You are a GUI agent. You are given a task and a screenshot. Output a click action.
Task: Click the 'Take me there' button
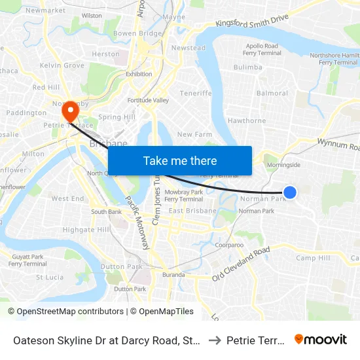(x=180, y=160)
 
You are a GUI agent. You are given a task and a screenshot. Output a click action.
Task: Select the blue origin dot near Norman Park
(x=290, y=192)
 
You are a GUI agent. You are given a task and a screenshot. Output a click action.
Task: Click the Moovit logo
(x=321, y=340)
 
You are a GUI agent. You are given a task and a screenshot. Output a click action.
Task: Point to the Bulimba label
(x=247, y=67)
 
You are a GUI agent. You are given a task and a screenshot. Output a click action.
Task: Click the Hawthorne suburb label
(x=247, y=120)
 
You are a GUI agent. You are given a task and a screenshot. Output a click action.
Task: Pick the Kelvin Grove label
(x=62, y=65)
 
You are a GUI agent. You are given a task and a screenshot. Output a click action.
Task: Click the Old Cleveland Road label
(x=241, y=264)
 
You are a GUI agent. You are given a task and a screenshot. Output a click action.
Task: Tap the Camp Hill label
(x=313, y=258)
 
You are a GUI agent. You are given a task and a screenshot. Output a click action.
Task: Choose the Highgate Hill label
(x=86, y=230)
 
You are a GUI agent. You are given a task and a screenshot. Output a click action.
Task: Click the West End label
(x=67, y=198)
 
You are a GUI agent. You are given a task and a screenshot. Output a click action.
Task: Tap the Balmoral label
(x=272, y=94)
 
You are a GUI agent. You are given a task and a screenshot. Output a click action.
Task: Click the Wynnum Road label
(x=338, y=143)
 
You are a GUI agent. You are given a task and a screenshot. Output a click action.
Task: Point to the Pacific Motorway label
(x=137, y=223)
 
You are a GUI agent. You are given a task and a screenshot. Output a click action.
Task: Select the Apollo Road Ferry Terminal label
(x=262, y=50)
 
